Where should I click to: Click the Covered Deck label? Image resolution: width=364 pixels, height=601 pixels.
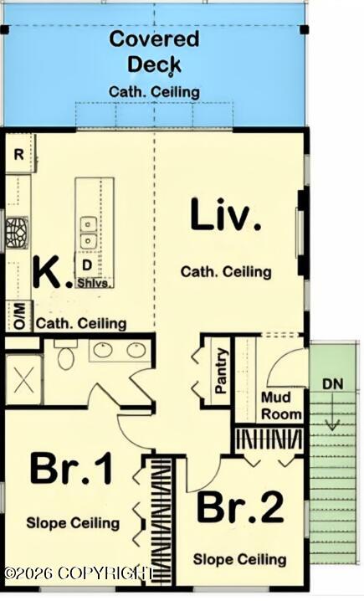point(155,52)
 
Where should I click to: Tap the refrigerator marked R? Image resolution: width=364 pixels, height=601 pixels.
point(18,154)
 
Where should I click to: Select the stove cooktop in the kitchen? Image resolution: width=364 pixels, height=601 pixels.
point(18,233)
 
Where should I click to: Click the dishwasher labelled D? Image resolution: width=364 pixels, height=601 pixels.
point(87,265)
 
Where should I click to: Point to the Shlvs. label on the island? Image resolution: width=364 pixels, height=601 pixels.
point(95,283)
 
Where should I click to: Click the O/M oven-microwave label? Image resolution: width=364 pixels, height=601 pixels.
point(20,316)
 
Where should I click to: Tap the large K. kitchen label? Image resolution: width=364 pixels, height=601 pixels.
point(53,272)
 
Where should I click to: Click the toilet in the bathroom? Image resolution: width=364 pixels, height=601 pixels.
point(65,355)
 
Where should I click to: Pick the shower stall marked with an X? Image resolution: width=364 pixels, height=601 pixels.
point(23,380)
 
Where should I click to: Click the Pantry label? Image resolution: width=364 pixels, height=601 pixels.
point(221,371)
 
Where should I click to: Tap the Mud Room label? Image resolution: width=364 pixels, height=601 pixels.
point(281,405)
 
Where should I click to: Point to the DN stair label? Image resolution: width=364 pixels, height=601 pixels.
point(332,383)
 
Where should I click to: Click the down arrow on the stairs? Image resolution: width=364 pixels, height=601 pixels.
point(332,412)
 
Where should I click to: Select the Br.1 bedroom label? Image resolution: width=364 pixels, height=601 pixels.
point(72,469)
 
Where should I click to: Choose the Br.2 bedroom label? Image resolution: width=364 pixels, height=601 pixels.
point(240,508)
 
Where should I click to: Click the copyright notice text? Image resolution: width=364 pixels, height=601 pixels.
point(79,573)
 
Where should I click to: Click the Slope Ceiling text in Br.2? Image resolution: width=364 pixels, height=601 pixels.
point(240,559)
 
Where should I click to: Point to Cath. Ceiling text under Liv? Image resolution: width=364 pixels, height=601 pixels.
point(226,272)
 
